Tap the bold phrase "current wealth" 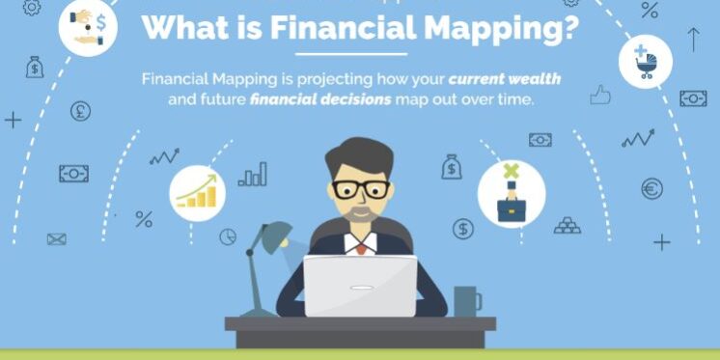[504, 77]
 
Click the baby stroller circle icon [645, 61]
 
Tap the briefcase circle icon [511, 193]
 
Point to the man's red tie [360, 247]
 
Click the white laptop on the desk [360, 286]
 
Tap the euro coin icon [652, 188]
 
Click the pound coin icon [80, 111]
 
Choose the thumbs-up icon [601, 94]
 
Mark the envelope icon [57, 238]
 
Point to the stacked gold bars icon [568, 225]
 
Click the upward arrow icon [692, 40]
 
